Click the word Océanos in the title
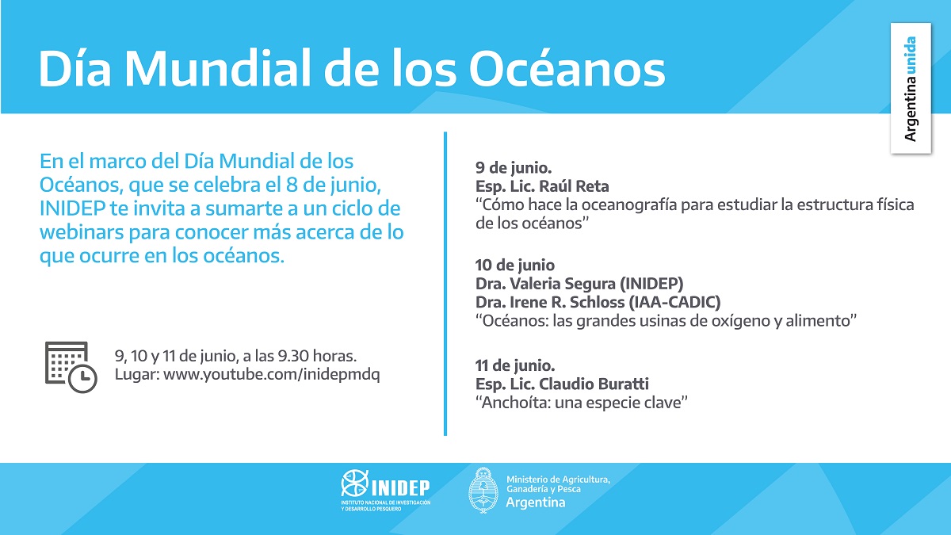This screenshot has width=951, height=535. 567,68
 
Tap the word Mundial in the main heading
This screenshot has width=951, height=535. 217,69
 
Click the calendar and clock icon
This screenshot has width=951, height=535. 71,367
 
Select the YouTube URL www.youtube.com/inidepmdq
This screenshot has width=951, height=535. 272,374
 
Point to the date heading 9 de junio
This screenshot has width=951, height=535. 514,168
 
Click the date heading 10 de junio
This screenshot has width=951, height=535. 514,265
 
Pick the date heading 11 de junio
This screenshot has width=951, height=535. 515,365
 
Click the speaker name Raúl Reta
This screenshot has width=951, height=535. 574,186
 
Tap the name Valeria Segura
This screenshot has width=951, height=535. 563,283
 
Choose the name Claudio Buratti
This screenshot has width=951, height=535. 594,384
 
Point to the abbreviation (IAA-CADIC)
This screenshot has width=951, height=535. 674,302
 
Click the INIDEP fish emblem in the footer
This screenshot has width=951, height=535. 354,483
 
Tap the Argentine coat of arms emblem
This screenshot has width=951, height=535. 483,491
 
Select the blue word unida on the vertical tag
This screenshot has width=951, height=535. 910,55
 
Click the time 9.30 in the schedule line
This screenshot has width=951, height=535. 293,356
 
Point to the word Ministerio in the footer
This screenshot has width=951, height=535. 527,480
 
